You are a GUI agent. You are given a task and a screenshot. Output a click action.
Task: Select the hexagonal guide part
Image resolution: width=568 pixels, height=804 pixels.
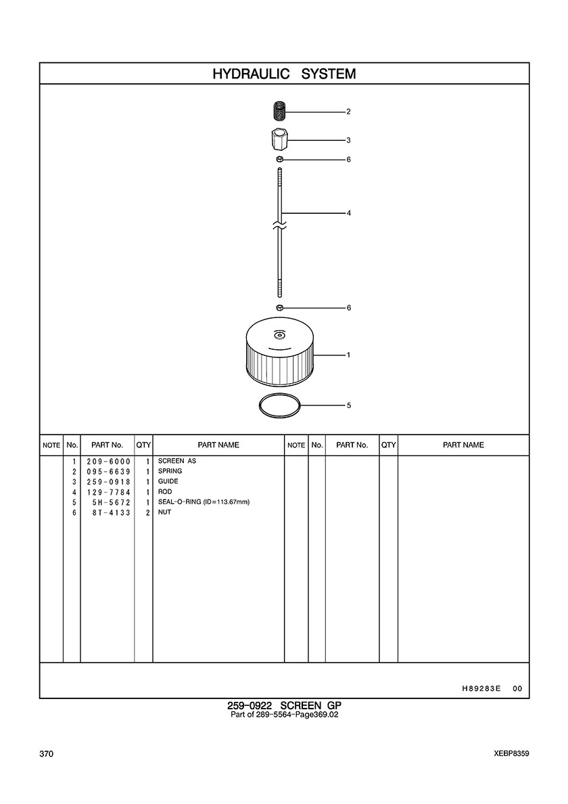[280, 139]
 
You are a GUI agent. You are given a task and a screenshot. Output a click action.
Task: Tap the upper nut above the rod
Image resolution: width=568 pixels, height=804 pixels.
[280, 160]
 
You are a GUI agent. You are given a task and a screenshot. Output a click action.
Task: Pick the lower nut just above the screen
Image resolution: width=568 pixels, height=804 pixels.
[280, 308]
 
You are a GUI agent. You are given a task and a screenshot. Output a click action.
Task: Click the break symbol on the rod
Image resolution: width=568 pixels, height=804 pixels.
[280, 225]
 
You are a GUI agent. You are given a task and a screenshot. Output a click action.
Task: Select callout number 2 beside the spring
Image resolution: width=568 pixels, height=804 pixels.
[349, 111]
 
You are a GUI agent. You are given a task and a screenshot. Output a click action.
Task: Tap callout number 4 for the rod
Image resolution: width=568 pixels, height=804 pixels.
[349, 213]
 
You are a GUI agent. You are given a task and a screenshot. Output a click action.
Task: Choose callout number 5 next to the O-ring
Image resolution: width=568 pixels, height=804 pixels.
[349, 405]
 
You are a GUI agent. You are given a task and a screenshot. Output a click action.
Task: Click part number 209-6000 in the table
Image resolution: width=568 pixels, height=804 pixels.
[109, 461]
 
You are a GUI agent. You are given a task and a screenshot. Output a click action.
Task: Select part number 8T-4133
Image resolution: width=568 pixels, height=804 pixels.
[111, 512]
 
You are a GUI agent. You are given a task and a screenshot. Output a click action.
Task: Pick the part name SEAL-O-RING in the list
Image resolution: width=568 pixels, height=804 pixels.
[179, 502]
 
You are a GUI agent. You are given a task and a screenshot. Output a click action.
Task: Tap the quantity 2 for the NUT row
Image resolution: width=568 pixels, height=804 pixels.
[147, 512]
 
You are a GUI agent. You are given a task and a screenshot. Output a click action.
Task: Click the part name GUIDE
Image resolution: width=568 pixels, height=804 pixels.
[168, 481]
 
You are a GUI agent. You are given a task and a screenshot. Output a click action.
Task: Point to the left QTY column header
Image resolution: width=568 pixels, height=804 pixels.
[143, 445]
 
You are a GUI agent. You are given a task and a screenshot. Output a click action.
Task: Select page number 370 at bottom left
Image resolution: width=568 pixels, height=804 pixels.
[46, 754]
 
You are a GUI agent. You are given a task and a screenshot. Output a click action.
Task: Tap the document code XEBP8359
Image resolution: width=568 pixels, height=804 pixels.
[512, 754]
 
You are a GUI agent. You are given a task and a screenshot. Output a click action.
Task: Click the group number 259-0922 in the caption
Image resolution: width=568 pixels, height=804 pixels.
[250, 706]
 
